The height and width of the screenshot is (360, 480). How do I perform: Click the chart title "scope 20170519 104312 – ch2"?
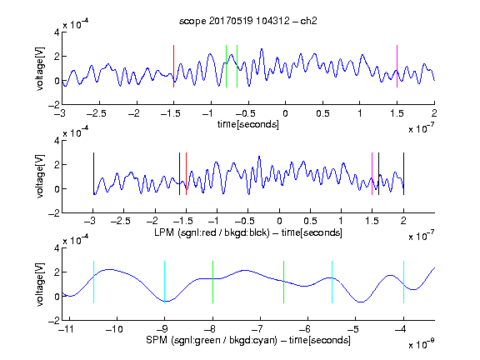click(x=248, y=21)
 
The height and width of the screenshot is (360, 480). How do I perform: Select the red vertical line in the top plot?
click(x=173, y=66)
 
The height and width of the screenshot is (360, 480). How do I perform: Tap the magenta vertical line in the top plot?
click(x=397, y=66)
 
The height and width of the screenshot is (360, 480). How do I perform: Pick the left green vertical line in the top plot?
click(x=226, y=66)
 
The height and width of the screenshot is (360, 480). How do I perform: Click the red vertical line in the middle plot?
click(x=186, y=173)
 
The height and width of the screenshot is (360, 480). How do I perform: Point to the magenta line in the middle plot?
click(x=372, y=173)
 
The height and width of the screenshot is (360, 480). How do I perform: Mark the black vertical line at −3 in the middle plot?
click(x=93, y=173)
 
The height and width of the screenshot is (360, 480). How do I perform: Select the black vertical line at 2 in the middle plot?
click(x=404, y=173)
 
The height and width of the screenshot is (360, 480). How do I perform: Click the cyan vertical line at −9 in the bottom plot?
click(x=164, y=282)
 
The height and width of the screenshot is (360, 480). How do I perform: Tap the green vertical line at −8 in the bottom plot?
click(x=212, y=282)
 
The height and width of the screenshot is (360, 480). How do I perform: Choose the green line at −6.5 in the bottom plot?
click(x=284, y=282)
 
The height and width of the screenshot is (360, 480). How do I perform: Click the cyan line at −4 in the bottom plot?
click(x=404, y=282)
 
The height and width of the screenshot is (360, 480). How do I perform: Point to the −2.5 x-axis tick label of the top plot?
click(x=97, y=113)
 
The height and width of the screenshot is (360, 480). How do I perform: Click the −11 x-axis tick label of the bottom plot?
click(x=67, y=329)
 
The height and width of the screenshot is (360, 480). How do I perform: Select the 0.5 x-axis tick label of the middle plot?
click(x=310, y=221)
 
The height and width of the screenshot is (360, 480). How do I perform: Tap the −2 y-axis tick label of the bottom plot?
click(x=54, y=320)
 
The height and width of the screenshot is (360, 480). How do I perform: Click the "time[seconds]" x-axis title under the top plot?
click(x=248, y=124)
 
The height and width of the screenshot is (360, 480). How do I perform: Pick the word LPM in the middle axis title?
click(x=164, y=232)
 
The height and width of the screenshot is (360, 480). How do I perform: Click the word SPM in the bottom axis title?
click(x=157, y=340)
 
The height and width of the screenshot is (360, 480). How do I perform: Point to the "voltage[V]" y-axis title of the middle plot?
click(x=40, y=177)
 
